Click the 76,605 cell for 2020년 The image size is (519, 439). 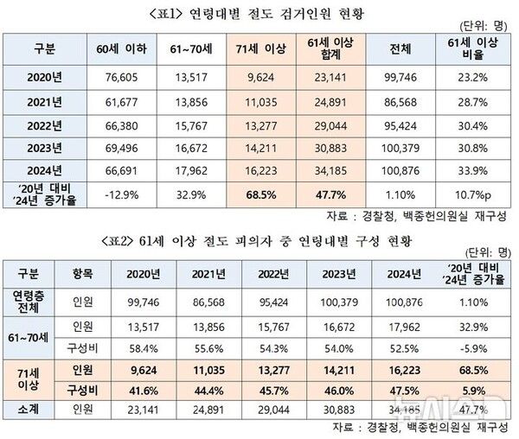pyautogui.click(x=116, y=76)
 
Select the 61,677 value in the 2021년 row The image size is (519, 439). pyautogui.click(x=116, y=101)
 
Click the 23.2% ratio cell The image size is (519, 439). pyautogui.click(x=477, y=76)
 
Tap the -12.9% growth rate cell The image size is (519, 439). pyautogui.click(x=116, y=193)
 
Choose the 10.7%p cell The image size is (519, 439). pyautogui.click(x=477, y=193)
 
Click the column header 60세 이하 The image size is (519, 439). pyautogui.click(x=116, y=47)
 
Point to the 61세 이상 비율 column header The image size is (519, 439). pyautogui.click(x=477, y=47)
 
